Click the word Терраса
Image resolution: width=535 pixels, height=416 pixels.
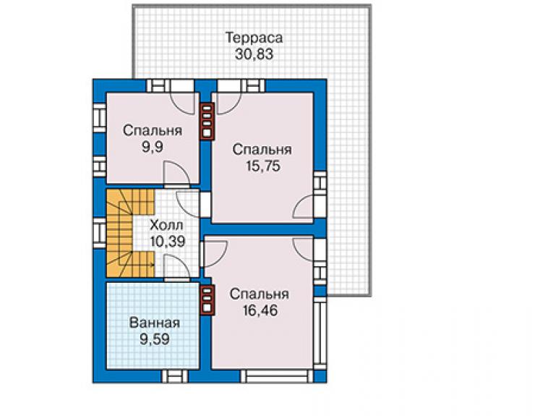(254, 38)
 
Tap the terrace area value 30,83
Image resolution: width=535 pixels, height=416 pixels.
(254, 54)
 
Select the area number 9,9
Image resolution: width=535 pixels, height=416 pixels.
(153, 147)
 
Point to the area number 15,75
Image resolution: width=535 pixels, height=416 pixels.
(262, 166)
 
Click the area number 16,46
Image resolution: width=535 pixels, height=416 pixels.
(260, 310)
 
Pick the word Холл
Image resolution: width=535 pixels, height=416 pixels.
(166, 226)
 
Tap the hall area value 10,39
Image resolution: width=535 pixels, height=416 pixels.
(168, 242)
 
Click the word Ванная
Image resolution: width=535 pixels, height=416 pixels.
(155, 323)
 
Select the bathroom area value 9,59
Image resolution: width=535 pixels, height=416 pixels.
(155, 339)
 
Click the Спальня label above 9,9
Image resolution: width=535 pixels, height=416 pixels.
(153, 131)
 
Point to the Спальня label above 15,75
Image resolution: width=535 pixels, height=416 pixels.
(262, 150)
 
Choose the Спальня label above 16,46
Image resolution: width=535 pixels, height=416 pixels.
(260, 294)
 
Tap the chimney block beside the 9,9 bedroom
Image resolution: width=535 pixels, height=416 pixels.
(207, 122)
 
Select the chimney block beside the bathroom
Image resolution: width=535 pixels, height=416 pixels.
(207, 300)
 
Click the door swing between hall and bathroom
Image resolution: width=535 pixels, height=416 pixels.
(176, 268)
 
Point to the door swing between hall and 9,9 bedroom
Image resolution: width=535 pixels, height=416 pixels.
(176, 174)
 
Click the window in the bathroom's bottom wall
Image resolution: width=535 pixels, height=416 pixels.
(175, 376)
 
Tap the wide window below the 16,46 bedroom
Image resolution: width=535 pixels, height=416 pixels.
(277, 376)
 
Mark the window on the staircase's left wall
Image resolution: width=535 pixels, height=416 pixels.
(100, 233)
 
